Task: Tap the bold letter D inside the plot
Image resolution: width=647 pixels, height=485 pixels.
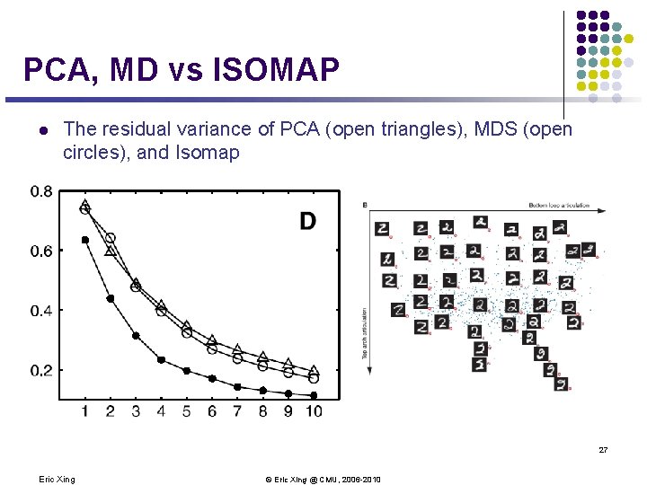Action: [307, 221]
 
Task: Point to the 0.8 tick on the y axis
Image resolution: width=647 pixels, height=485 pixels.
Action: [40, 191]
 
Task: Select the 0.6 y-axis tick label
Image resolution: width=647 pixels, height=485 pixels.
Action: [40, 251]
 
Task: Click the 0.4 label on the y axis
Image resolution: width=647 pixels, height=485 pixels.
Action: [40, 311]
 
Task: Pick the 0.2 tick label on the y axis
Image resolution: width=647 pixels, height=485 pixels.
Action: [40, 370]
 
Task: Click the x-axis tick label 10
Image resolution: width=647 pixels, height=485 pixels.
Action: [312, 410]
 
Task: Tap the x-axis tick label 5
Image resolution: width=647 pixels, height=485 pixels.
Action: [187, 410]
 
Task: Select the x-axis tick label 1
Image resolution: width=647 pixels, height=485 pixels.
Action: [85, 410]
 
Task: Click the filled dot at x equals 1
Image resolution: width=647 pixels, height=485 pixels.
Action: [85, 240]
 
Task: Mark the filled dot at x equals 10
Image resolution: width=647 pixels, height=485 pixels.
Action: [314, 395]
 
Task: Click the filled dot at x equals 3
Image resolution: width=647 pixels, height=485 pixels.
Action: [136, 336]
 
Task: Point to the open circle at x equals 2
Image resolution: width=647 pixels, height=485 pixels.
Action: [111, 239]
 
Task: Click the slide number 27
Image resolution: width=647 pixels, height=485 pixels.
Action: [603, 449]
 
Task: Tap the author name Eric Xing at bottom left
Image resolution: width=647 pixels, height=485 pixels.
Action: [58, 479]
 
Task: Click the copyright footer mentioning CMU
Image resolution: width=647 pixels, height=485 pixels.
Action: [323, 479]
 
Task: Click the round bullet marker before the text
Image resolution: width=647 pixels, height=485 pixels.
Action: [41, 130]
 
